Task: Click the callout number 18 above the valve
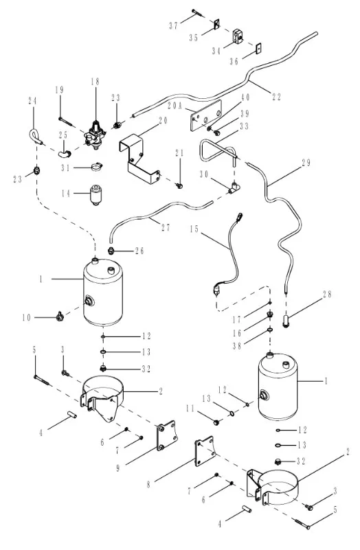point(95,82)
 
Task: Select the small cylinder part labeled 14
point(95,195)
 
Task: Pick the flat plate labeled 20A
point(206,115)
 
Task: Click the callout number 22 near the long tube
point(276,98)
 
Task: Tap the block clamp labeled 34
point(238,36)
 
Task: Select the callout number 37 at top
point(174,25)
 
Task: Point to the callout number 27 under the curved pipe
point(166,228)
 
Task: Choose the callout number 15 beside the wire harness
point(194,229)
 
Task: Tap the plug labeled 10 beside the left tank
point(60,317)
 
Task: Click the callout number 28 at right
point(327,294)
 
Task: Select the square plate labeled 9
point(166,435)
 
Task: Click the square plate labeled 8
point(204,452)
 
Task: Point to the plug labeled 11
point(216,422)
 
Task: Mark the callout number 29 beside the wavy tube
point(306,163)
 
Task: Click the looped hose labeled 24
point(36,136)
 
